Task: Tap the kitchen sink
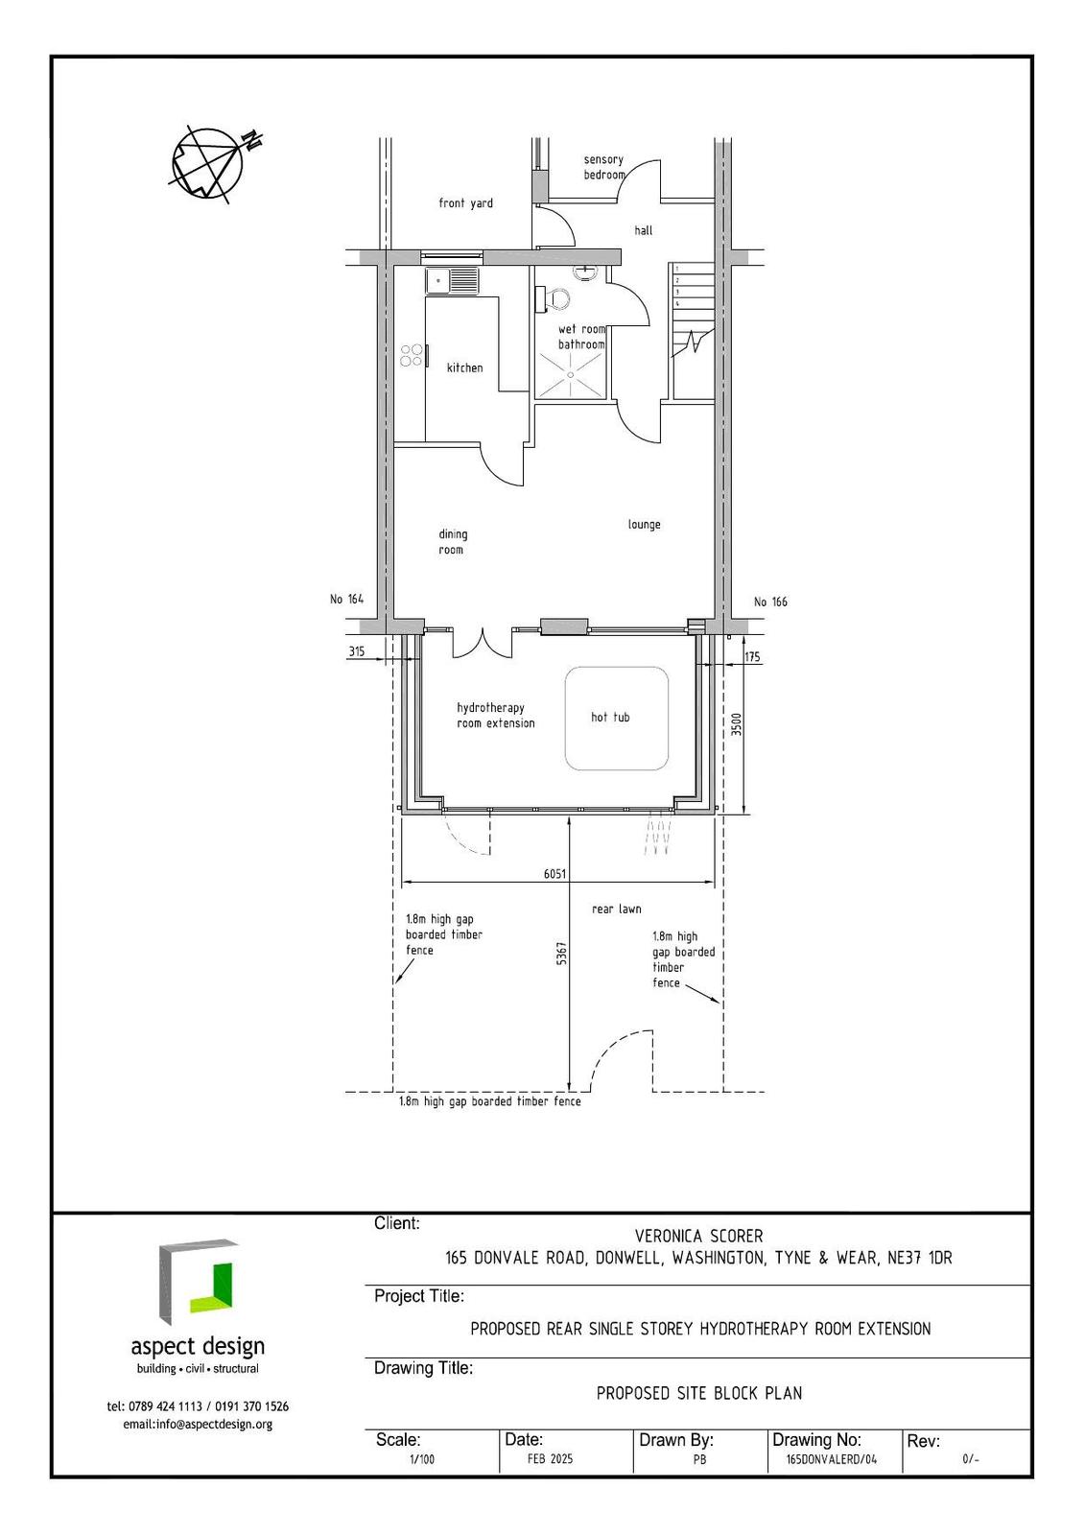453,281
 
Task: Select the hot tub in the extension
616,719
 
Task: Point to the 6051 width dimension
554,874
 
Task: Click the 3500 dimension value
736,724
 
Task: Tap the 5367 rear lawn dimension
561,954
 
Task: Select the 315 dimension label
357,651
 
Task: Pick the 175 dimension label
752,656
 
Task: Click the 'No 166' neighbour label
770,602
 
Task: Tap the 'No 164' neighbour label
347,599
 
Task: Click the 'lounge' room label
645,525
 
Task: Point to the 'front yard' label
465,202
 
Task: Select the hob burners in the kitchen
412,355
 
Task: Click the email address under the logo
198,1425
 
